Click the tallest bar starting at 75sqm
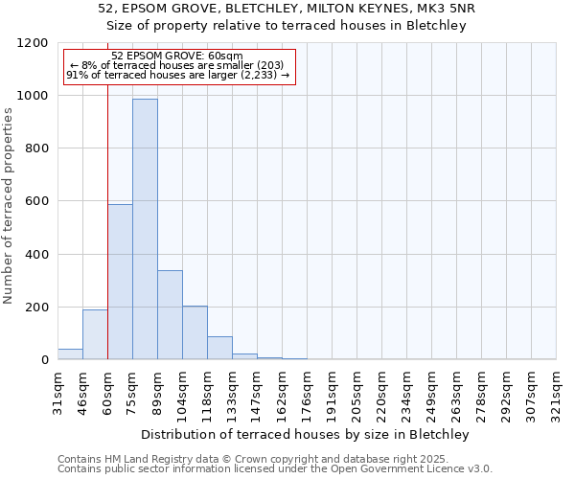(145, 230)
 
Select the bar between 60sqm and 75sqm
(120, 283)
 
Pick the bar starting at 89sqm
(170, 315)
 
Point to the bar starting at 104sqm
(195, 333)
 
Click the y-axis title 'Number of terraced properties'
(9, 206)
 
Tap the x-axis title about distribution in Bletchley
(307, 434)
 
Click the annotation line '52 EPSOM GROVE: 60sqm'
(178, 57)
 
